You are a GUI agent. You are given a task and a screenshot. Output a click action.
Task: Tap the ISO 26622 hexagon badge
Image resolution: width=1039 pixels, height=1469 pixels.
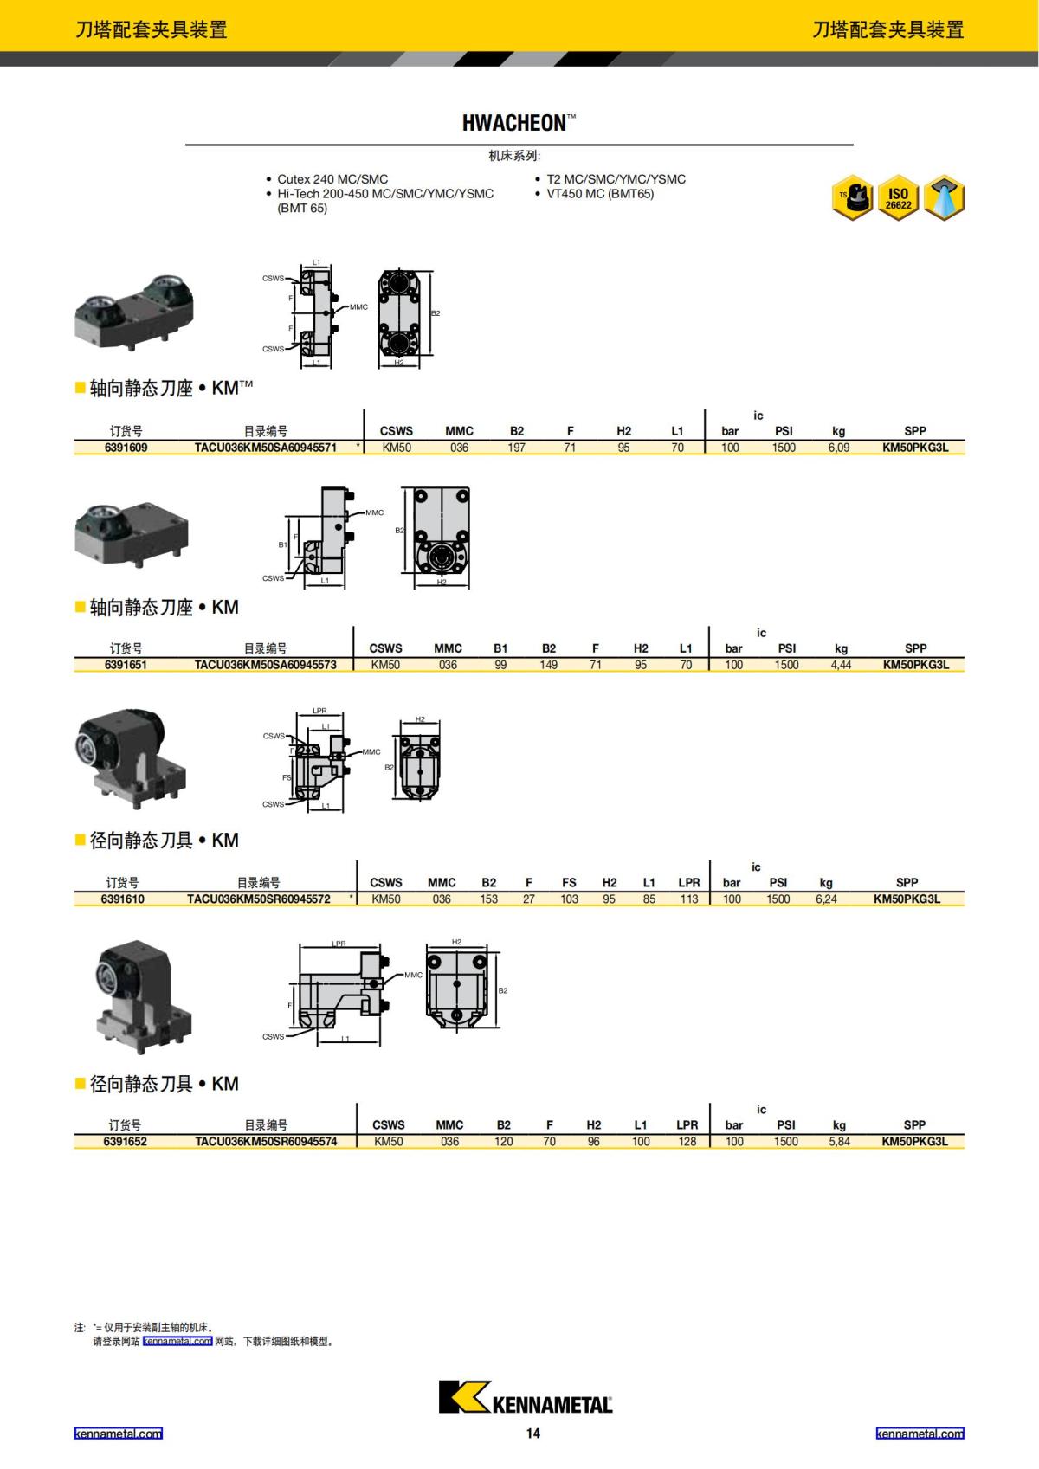click(898, 199)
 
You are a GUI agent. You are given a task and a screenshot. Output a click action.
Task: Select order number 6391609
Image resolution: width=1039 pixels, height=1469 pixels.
click(126, 448)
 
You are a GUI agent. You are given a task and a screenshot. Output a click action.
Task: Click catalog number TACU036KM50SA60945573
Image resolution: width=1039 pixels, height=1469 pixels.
click(265, 665)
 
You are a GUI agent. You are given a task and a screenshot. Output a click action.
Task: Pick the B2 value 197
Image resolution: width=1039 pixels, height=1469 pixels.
click(516, 448)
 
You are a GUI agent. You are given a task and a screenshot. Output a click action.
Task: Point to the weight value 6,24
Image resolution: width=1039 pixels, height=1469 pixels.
click(826, 899)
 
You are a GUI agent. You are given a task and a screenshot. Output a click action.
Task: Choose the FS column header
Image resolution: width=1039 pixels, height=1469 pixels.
click(569, 882)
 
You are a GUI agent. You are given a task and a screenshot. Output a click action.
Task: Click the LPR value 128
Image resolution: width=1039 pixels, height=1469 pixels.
click(687, 1141)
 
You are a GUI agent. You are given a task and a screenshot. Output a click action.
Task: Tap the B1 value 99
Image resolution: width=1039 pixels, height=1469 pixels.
click(500, 665)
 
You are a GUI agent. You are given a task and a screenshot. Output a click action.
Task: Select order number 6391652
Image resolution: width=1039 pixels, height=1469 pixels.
click(126, 1141)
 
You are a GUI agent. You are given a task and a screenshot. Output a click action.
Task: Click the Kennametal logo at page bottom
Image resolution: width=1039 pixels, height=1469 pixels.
click(525, 1396)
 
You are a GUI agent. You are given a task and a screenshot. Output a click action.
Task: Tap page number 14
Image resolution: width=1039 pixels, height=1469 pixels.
click(532, 1434)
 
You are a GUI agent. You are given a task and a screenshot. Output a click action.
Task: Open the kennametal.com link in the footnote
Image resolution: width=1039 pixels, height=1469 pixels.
click(177, 1341)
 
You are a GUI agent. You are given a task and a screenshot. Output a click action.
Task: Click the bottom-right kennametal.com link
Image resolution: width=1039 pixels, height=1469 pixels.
click(920, 1434)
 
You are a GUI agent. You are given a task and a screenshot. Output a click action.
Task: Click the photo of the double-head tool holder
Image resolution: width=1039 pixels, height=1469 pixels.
click(135, 310)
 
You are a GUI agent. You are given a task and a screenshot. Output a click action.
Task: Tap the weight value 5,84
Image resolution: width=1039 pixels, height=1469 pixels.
click(839, 1141)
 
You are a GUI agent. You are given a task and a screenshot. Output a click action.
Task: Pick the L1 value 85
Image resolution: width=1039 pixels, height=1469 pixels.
click(649, 899)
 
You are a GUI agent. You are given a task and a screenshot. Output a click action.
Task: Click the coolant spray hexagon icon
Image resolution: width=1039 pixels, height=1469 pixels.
click(944, 199)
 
